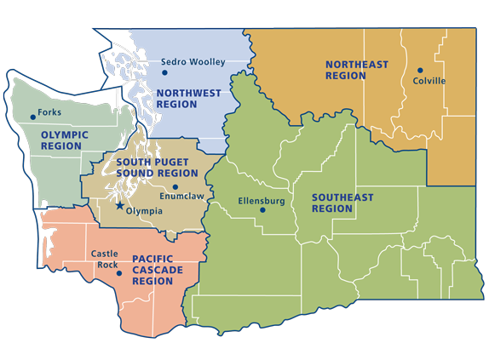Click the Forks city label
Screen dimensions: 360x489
click(50, 111)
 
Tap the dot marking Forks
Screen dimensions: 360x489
click(32, 117)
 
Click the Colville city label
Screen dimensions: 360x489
click(429, 83)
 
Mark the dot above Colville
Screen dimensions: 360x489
click(420, 70)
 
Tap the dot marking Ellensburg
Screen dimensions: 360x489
click(262, 209)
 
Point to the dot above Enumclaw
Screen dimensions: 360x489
click(175, 187)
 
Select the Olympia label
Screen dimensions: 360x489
click(143, 211)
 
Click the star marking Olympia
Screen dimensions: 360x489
click(119, 206)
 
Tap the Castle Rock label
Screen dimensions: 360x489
click(105, 259)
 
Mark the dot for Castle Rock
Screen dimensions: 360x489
click(119, 273)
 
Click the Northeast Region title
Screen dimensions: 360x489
click(357, 70)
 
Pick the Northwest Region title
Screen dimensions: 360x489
click(188, 99)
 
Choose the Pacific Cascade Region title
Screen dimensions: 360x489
click(165, 269)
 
